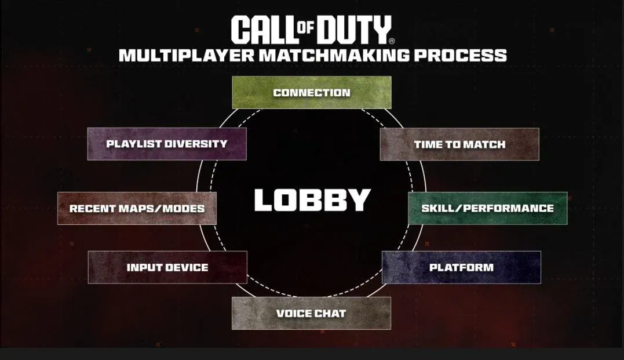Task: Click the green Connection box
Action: tap(312, 92)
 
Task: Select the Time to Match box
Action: tap(459, 144)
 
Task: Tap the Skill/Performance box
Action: tap(488, 208)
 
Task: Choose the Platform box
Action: tap(461, 267)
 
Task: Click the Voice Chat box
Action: tap(311, 314)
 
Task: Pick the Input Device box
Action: tap(167, 267)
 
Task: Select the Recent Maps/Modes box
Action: tap(137, 208)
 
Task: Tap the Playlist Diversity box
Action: tap(167, 144)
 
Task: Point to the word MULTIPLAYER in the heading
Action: tap(186, 55)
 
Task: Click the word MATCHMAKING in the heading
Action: tap(334, 55)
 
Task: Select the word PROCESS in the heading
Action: tap(461, 55)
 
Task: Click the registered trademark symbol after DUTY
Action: tap(392, 41)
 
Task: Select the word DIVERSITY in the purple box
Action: tap(196, 144)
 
